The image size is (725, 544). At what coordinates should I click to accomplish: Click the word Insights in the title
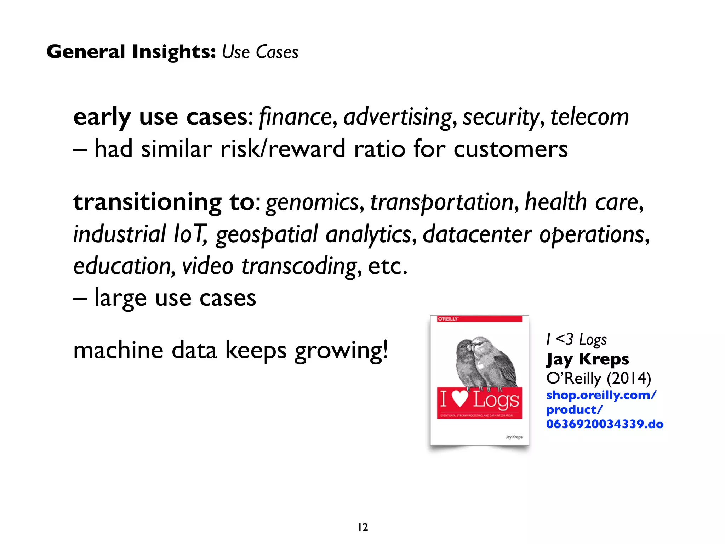click(173, 52)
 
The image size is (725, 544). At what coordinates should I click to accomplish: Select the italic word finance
click(295, 117)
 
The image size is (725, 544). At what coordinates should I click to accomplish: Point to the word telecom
click(589, 117)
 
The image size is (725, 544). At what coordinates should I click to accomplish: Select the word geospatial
click(267, 234)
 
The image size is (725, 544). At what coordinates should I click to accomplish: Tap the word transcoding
click(299, 266)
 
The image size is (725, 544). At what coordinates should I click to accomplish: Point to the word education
click(122, 266)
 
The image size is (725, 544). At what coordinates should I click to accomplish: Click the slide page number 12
click(363, 527)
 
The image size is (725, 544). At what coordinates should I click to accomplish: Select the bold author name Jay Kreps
click(587, 359)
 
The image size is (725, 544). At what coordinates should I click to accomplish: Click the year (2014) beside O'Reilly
click(629, 378)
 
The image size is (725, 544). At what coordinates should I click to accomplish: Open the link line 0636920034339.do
click(605, 424)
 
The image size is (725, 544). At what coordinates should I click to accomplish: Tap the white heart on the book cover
click(460, 399)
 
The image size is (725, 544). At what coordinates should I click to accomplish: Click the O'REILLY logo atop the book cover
click(448, 319)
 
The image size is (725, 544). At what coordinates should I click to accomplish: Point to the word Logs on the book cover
click(496, 399)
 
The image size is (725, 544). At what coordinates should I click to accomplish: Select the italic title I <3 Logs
click(576, 339)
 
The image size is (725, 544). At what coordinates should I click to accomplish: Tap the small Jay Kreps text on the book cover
click(514, 437)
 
